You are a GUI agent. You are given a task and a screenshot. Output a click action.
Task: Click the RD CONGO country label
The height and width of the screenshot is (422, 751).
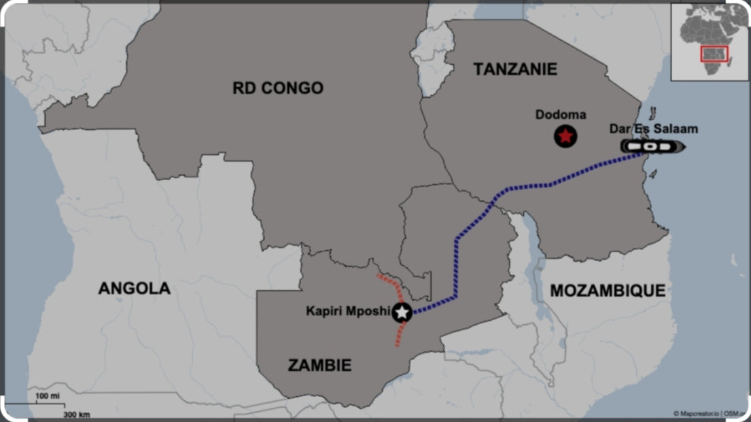pos(278,88)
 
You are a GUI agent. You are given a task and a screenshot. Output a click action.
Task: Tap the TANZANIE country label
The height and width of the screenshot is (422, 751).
pos(514,69)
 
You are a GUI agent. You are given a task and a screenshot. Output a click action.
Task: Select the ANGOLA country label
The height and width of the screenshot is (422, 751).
pos(134,288)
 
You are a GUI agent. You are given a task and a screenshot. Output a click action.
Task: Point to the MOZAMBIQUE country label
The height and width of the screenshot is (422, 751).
pos(608,291)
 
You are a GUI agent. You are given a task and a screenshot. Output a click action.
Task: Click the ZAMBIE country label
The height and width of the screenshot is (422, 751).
pos(319,366)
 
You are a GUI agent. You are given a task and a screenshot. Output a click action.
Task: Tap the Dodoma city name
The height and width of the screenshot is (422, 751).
pos(560,115)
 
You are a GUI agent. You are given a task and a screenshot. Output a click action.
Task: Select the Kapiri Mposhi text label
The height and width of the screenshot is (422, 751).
pos(348,311)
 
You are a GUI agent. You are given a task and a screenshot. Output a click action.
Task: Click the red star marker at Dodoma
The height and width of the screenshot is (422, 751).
pos(565,137)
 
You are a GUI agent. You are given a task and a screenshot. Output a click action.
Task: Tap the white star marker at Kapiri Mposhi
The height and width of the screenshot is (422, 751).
pos(402,313)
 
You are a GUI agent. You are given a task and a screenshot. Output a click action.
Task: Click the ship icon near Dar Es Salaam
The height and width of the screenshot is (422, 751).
pos(652,146)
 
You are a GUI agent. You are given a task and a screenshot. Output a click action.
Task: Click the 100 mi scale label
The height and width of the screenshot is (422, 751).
pos(47,395)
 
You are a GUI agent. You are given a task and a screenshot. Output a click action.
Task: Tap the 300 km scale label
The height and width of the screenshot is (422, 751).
pos(76,414)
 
